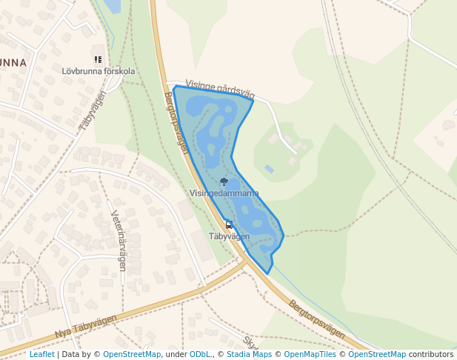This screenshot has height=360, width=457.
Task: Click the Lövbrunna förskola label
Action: (99, 71)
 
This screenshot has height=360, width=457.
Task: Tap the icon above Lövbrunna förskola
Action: (98, 59)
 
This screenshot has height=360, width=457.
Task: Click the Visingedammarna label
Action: (224, 193)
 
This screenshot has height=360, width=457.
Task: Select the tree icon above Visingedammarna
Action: (224, 181)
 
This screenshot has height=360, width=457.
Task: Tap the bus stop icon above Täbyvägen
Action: (229, 224)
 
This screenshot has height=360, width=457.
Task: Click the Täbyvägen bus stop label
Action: (229, 236)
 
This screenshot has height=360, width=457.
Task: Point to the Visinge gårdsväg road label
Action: (220, 90)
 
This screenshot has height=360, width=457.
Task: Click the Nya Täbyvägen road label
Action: (86, 327)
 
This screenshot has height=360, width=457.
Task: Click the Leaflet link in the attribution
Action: (42, 354)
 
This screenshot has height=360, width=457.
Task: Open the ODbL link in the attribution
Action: (199, 354)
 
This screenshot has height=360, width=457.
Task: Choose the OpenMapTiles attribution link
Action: (313, 354)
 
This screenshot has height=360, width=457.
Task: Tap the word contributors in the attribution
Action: (431, 354)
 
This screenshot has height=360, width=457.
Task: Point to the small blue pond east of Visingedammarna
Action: (269, 170)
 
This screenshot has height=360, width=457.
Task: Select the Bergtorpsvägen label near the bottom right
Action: (317, 319)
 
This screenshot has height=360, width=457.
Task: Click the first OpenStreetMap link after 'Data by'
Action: (132, 354)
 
